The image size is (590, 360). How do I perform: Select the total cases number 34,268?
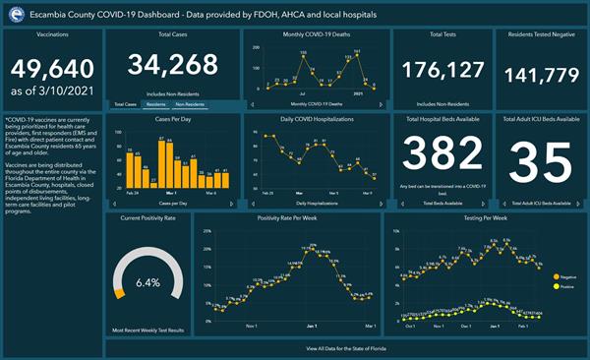click(x=173, y=66)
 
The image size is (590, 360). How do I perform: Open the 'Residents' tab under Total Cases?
click(x=155, y=103)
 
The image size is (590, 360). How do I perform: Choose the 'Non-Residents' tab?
click(x=192, y=103)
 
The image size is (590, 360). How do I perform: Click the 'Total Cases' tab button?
click(x=124, y=103)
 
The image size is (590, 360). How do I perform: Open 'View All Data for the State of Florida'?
click(x=346, y=348)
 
